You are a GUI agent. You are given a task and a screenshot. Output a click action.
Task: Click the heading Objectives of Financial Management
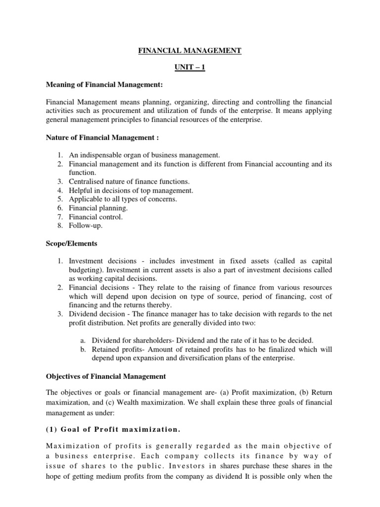(x=103, y=376)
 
